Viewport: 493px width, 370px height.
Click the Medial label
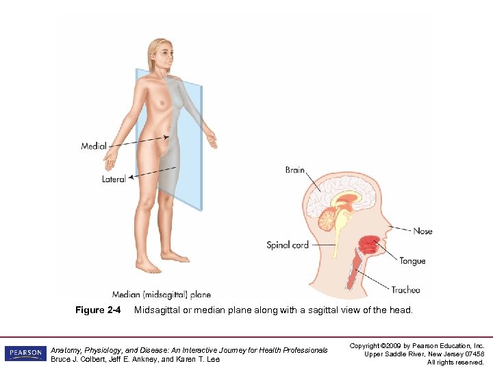coord(93,146)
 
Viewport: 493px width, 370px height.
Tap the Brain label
coord(295,171)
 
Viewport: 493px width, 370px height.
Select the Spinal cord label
coord(288,245)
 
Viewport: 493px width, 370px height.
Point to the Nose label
coord(422,231)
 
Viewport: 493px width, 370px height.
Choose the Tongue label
coord(412,260)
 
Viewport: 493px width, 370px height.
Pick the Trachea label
coord(405,289)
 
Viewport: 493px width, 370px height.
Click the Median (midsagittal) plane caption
coord(162,295)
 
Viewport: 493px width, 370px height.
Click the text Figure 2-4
coord(98,310)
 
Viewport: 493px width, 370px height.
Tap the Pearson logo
coord(25,354)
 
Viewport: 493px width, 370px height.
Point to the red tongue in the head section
coord(370,243)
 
